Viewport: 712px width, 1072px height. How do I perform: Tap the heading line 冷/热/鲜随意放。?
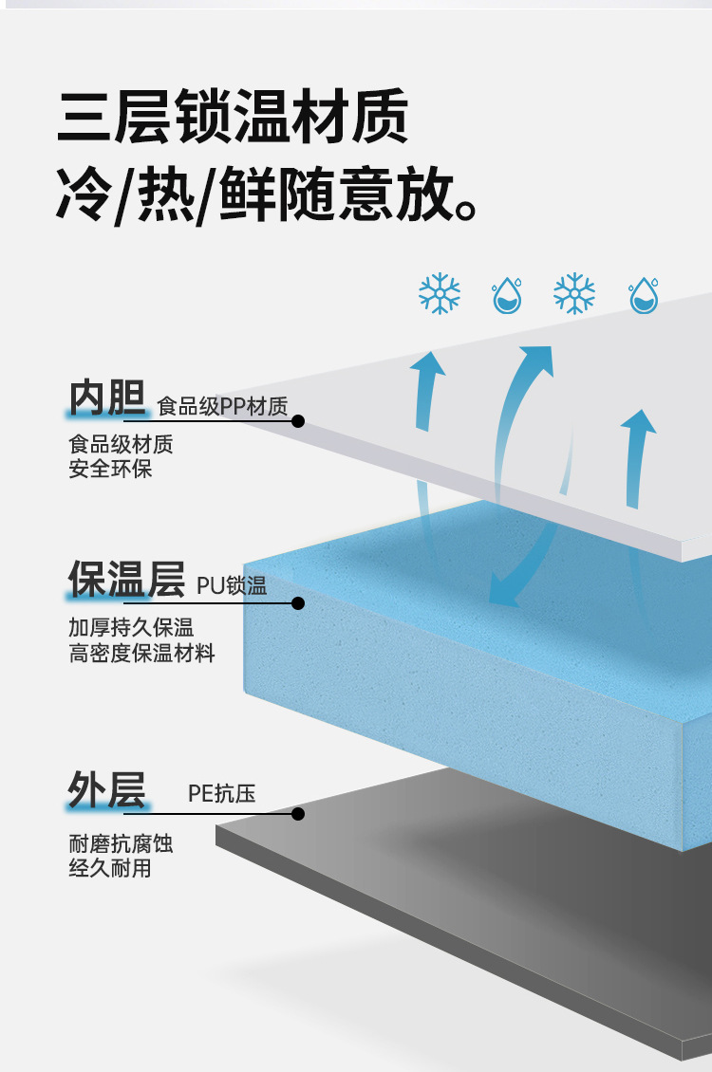coord(266,194)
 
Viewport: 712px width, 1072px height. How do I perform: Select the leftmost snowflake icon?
coord(440,294)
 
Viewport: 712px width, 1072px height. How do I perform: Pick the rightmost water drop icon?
coord(644,295)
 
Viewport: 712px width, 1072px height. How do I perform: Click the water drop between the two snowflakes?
coord(507,295)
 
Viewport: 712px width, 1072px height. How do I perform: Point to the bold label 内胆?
coord(106,399)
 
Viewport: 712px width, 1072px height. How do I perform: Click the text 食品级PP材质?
coord(222,407)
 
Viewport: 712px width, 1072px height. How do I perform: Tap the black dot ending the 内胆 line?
coord(298,420)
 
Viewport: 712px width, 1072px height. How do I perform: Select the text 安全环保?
coord(110,469)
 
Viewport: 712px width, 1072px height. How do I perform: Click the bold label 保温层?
coord(125,580)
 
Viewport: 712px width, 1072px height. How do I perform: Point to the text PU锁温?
coord(232,585)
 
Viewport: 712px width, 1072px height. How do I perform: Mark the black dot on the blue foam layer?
coord(298,602)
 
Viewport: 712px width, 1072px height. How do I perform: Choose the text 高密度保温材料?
coord(141,654)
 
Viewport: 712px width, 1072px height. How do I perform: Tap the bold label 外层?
coord(106,789)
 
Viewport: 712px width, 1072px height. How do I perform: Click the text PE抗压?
coord(221,793)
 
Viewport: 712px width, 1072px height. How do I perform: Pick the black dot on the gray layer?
coord(298,814)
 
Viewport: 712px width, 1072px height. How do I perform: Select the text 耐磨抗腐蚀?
coord(121,843)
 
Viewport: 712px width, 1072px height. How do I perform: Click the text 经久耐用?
coord(110,868)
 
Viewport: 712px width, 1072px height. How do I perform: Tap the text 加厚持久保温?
coord(131,628)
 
